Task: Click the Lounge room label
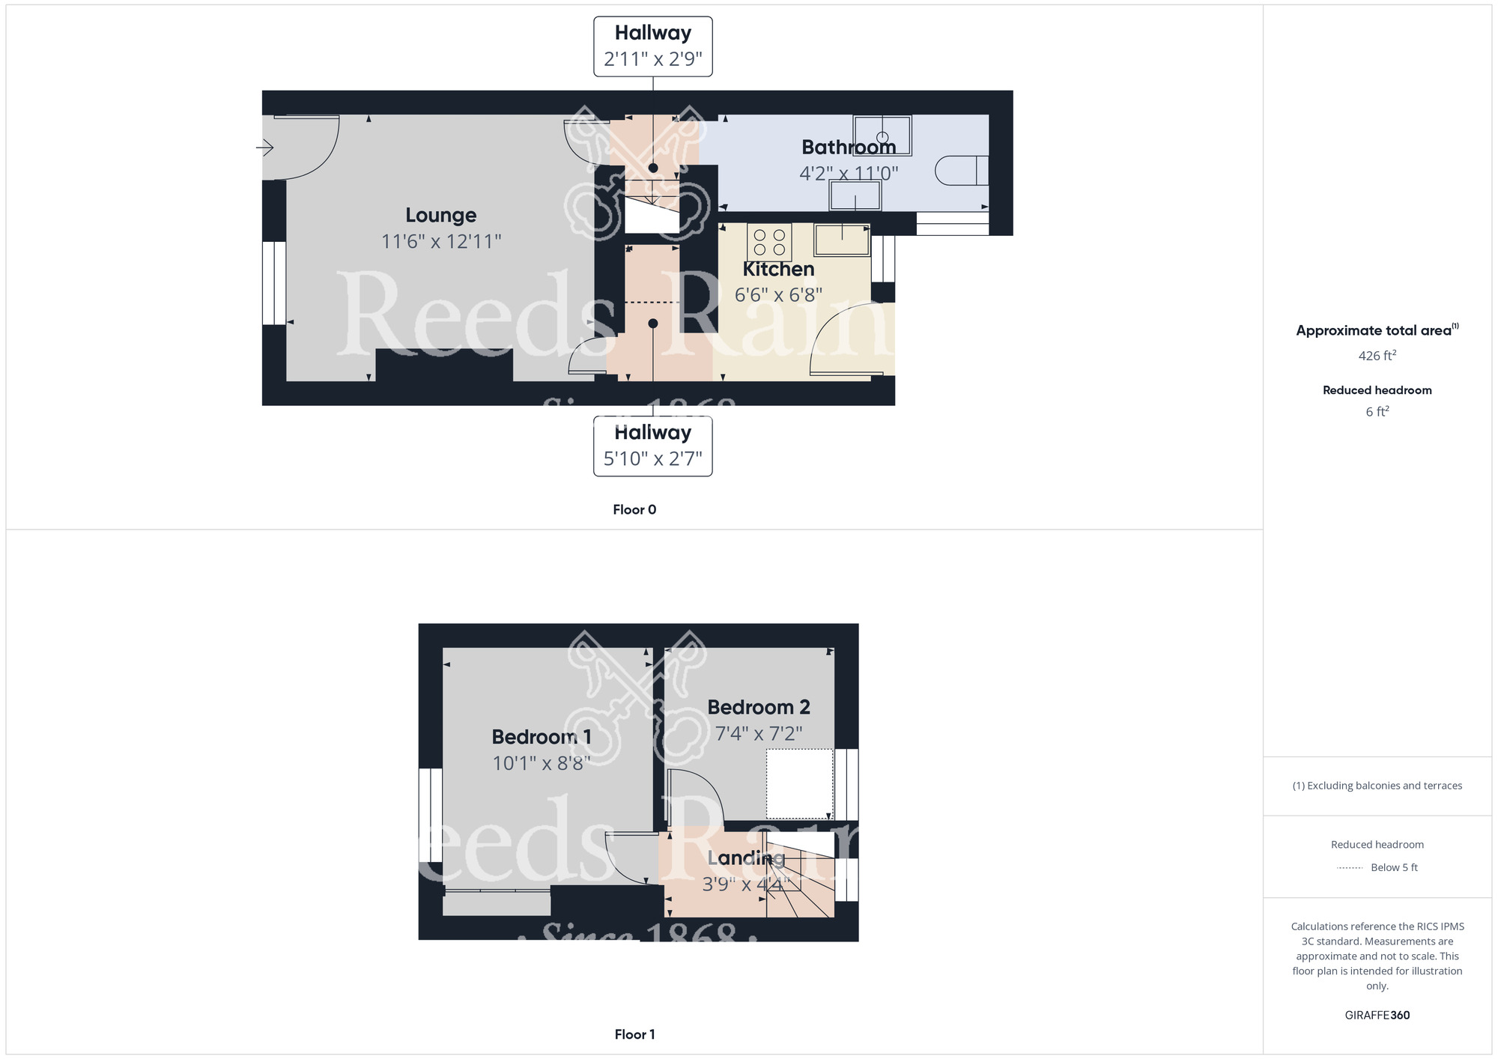(440, 215)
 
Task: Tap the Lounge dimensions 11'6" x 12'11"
(440, 241)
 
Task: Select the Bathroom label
(848, 147)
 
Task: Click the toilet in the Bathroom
(962, 170)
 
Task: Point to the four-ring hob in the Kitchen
(769, 242)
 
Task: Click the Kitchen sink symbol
(842, 240)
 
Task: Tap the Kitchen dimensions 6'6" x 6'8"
(778, 295)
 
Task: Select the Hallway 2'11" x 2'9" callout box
(652, 46)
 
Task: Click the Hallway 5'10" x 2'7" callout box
(652, 446)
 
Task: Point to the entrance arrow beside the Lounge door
(264, 148)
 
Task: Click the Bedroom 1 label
(542, 737)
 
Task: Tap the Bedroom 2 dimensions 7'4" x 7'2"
(759, 733)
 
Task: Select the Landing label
(746, 858)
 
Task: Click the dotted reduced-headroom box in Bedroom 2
(799, 783)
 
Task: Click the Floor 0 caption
(634, 510)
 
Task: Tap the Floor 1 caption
(634, 1034)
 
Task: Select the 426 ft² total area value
(1377, 356)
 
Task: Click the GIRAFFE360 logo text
(1377, 1016)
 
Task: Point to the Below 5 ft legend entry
(1393, 867)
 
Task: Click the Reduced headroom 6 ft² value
(1377, 411)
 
